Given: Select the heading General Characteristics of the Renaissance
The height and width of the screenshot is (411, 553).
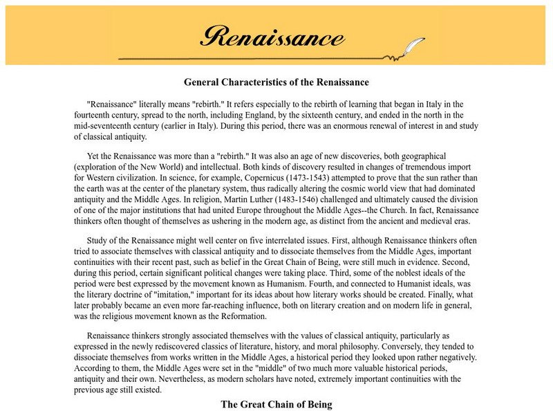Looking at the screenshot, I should tap(276, 82).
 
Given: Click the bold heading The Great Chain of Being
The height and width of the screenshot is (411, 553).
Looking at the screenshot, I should tap(276, 404).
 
